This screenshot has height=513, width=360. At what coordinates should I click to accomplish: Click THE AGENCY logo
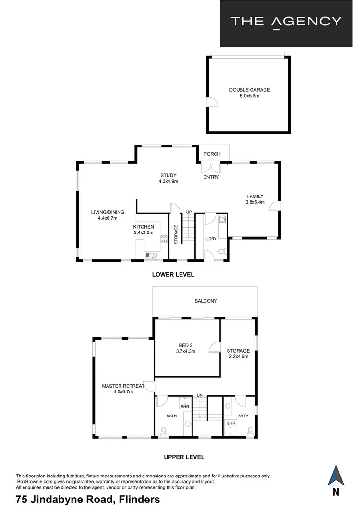tap(286, 22)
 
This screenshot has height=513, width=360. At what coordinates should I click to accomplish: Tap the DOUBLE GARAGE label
tap(249, 90)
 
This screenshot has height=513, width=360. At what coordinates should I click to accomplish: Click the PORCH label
tap(212, 154)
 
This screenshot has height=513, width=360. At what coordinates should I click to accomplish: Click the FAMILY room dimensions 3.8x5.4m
tap(254, 202)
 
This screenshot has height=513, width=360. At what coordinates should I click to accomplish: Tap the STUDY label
tap(168, 175)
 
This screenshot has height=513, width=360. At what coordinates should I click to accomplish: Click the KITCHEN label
tap(144, 227)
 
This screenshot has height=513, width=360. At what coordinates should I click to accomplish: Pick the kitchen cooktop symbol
tap(163, 238)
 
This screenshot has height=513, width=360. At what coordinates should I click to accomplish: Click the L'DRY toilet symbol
tap(221, 251)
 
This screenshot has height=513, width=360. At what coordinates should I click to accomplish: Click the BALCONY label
tap(205, 301)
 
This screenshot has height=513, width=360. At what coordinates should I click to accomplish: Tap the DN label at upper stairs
tap(199, 395)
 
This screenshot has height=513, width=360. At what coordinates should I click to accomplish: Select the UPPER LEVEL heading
tap(184, 457)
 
